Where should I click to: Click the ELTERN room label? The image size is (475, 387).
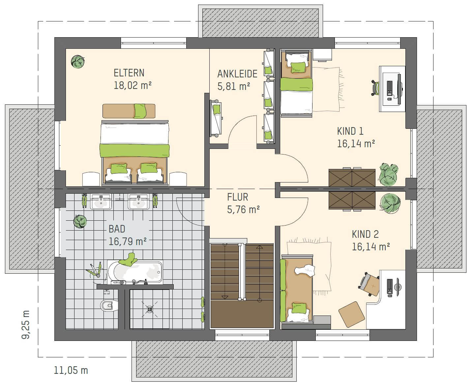pyautogui.click(x=129, y=73)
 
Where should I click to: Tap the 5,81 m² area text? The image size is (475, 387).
pyautogui.click(x=234, y=86)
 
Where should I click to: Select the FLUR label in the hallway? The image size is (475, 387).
pyautogui.click(x=238, y=197)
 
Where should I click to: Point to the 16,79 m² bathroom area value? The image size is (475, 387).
pyautogui.click(x=128, y=241)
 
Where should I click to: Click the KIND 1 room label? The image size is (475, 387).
pyautogui.click(x=350, y=131)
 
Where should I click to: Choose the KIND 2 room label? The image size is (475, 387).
pyautogui.click(x=365, y=234)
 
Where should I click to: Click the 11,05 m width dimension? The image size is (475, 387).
pyautogui.click(x=71, y=370)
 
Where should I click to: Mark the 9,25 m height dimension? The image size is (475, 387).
pyautogui.click(x=25, y=325)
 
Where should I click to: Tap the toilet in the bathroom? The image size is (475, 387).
pyautogui.click(x=109, y=305)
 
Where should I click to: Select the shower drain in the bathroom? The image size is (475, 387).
pyautogui.click(x=150, y=309)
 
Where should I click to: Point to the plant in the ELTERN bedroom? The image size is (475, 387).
pyautogui.click(x=78, y=62)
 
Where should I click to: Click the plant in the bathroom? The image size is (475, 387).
pyautogui.click(x=80, y=222)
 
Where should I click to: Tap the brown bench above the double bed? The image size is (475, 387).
pyautogui.click(x=129, y=111)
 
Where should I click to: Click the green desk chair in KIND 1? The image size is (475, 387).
pyautogui.click(x=375, y=88)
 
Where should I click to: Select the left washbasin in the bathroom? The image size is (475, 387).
pyautogui.click(x=101, y=202)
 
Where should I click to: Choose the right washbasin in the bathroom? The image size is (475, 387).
pyautogui.click(x=138, y=202)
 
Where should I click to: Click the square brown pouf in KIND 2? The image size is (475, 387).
pyautogui.click(x=352, y=314)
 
